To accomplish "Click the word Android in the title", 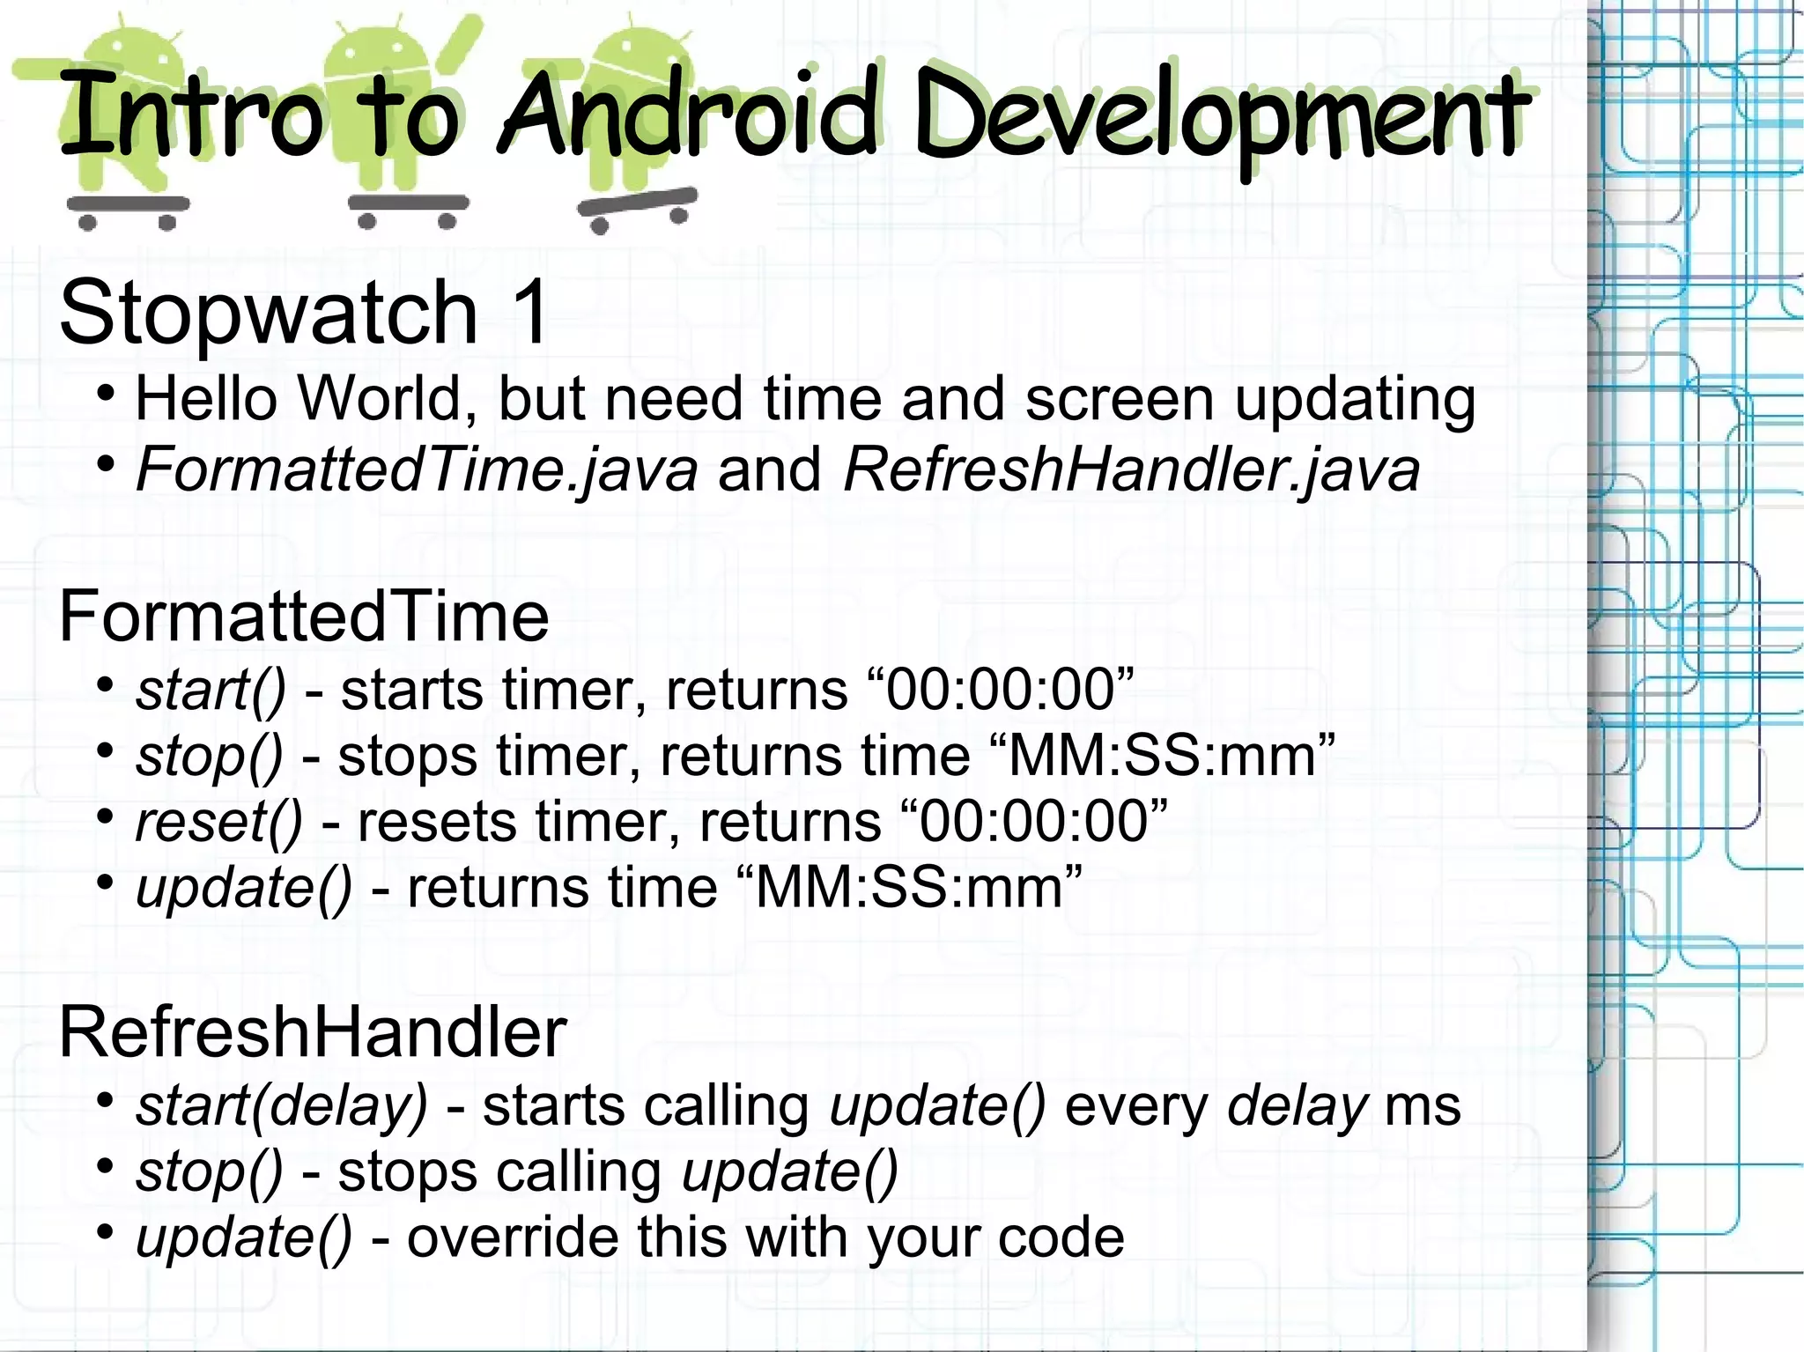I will (689, 116).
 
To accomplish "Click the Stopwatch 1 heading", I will (304, 312).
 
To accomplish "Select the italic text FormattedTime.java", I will (417, 469).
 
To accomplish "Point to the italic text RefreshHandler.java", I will (1131, 469).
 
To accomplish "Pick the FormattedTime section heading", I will (304, 617).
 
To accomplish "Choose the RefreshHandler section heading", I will (313, 1032).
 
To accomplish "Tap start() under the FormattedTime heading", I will (211, 690).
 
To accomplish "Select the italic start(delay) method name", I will (281, 1106).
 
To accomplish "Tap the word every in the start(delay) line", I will (1136, 1106).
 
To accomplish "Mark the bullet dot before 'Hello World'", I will (106, 394).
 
